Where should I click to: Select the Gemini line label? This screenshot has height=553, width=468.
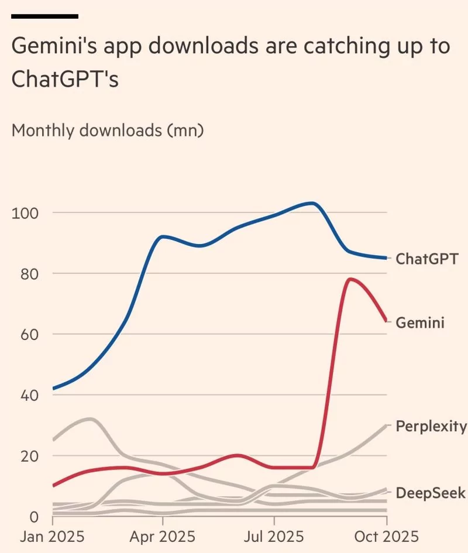tap(420, 322)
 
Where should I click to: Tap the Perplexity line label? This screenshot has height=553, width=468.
tap(431, 425)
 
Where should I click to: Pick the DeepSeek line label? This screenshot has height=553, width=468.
tap(431, 493)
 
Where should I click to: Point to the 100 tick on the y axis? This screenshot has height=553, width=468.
tap(25, 212)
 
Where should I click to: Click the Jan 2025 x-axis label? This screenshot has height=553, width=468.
tap(53, 537)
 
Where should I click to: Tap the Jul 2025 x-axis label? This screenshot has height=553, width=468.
tap(274, 537)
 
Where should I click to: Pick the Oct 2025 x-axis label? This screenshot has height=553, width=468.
tap(386, 537)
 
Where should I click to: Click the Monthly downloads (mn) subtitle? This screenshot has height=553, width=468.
tap(108, 130)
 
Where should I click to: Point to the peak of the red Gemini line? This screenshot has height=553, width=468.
tap(350, 279)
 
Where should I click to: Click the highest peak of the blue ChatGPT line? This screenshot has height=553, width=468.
tap(312, 203)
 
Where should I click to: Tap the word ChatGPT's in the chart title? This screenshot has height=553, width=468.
tap(65, 80)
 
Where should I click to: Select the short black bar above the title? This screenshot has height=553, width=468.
tap(44, 16)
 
